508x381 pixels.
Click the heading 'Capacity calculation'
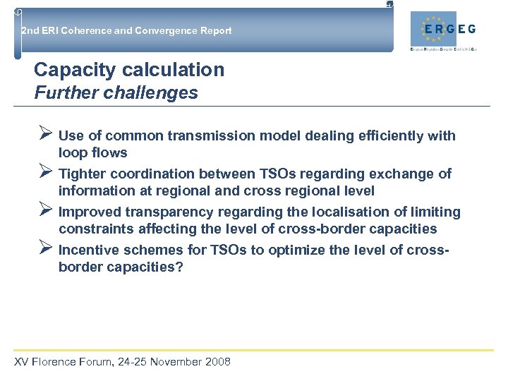coord(129,70)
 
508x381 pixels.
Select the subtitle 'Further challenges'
coord(116,92)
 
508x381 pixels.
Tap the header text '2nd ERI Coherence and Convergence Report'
coord(126,31)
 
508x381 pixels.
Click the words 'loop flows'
coord(93,153)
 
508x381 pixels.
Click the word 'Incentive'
coord(90,250)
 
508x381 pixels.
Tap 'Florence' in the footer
coord(56,362)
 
